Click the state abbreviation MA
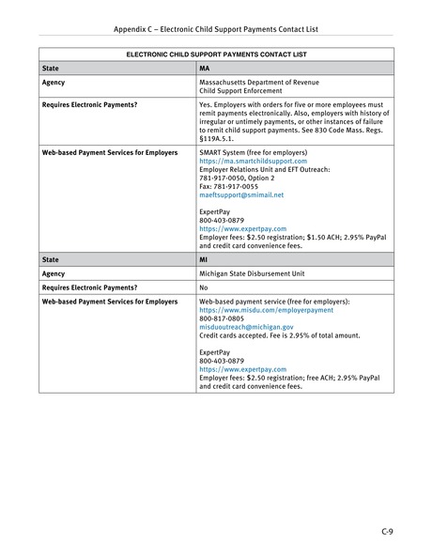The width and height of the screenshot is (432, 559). tap(205, 70)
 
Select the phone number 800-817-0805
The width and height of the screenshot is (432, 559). tap(217, 319)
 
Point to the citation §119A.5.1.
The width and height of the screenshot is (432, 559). tap(217, 136)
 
